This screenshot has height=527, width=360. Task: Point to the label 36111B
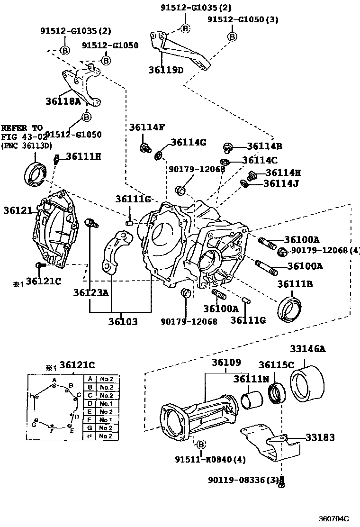[x=295, y=284]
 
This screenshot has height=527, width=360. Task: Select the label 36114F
[x=147, y=127]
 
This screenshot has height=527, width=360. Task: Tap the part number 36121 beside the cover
[x=17, y=210]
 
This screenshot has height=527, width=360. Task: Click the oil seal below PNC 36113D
[x=35, y=173]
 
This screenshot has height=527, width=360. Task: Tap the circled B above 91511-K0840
[x=200, y=444]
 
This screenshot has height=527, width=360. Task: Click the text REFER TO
[x=21, y=128]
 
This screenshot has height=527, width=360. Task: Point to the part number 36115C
[x=277, y=364]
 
